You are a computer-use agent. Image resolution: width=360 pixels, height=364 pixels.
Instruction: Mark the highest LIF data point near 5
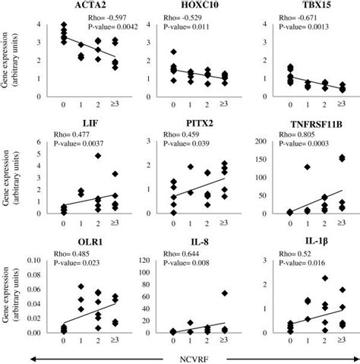click(x=97, y=156)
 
